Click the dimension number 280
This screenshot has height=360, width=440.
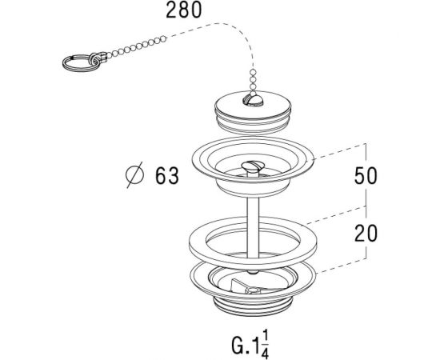(x=184, y=10)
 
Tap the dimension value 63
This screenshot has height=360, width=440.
(x=167, y=176)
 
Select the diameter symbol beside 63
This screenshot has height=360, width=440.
(x=134, y=174)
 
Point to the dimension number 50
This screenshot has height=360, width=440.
(x=366, y=176)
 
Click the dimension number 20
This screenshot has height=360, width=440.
(x=366, y=234)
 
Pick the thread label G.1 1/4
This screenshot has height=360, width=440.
(x=250, y=345)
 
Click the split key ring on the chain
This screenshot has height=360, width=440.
(x=81, y=63)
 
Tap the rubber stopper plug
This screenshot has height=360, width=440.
(x=253, y=112)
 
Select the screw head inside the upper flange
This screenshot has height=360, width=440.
(x=253, y=166)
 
